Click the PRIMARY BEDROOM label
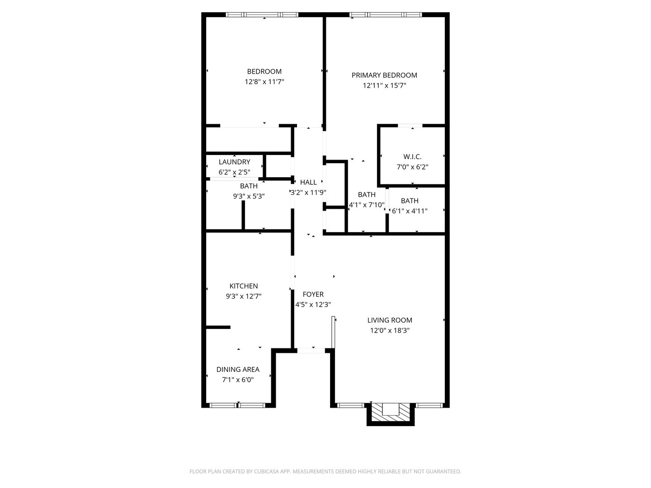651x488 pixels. [x=384, y=75]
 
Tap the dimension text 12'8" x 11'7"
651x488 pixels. [x=264, y=82]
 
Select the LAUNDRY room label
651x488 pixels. [x=234, y=162]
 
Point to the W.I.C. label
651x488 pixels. [x=412, y=156]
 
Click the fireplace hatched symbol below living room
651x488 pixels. [x=390, y=412]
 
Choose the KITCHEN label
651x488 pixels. [x=244, y=286]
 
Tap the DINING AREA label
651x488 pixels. [x=238, y=369]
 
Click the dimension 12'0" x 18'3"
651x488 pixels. [x=390, y=330]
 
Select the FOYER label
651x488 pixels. [x=313, y=294]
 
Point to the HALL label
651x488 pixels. [x=308, y=182]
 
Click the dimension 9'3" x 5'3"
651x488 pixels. [x=249, y=196]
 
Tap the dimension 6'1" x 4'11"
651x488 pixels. [x=410, y=211]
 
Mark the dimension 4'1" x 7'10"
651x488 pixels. [x=367, y=205]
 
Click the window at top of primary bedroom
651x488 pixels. [x=386, y=15]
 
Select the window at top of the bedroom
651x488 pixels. [x=262, y=15]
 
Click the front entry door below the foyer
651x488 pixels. [x=311, y=350]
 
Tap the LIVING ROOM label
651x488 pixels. [x=390, y=320]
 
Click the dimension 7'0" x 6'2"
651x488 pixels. [x=412, y=167]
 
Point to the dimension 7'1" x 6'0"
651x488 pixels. [x=238, y=380]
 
